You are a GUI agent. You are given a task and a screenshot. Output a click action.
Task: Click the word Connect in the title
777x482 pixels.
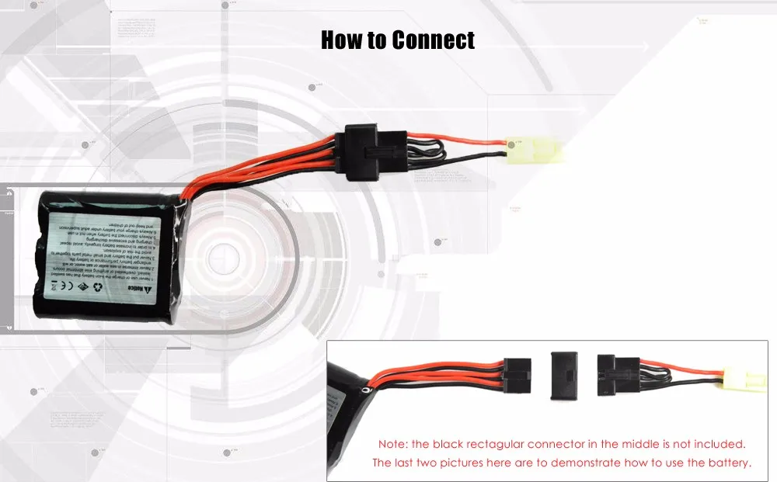coord(434,40)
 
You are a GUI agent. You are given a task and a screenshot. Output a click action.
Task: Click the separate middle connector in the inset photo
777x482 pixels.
coord(563,375)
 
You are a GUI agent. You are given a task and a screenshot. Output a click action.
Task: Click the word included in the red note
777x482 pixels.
coord(719,445)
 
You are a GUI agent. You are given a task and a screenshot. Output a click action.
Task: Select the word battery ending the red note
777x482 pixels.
coord(728,463)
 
